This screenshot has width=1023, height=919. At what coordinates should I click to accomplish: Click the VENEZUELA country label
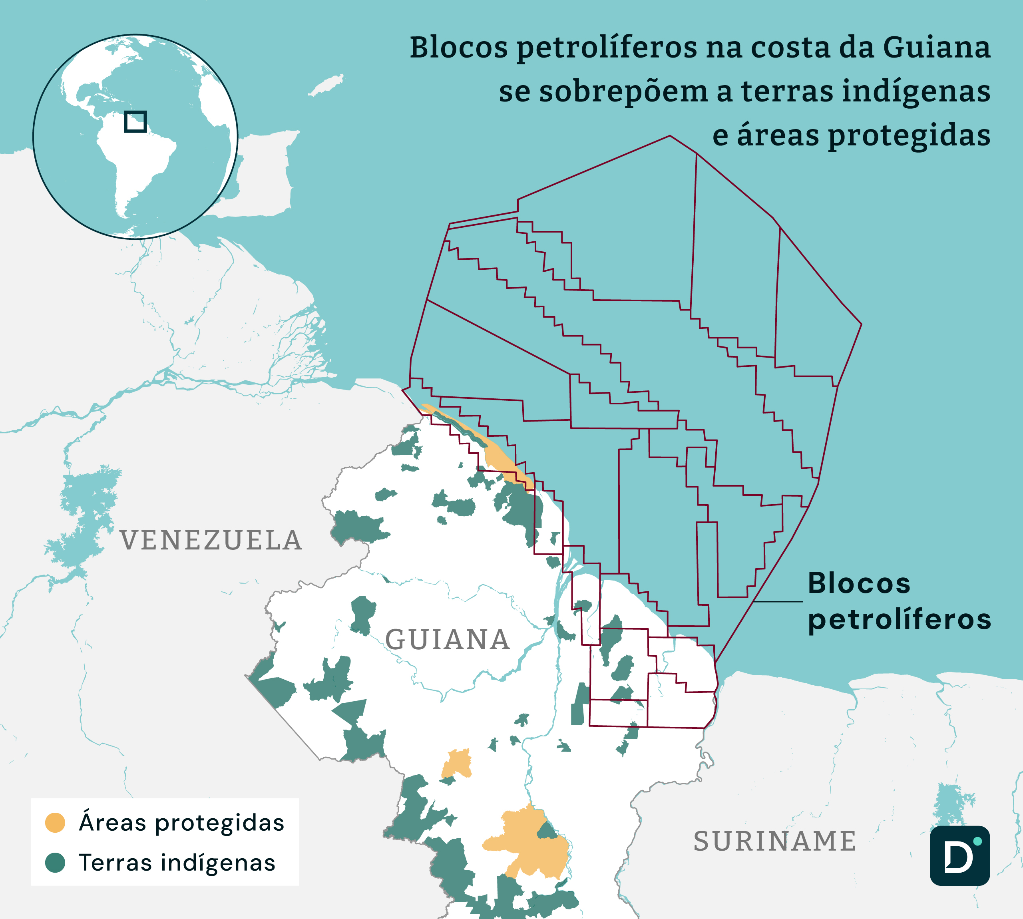point(211,541)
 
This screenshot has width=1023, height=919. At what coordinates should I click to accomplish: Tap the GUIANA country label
point(448,640)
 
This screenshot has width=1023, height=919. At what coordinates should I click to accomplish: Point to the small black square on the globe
point(135,122)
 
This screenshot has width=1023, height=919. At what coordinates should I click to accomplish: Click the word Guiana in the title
point(936,48)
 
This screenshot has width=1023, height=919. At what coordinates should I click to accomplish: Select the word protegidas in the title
point(909,136)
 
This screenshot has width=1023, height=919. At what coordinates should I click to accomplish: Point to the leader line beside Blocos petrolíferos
point(778,601)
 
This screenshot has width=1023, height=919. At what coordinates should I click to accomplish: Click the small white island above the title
point(327,85)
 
